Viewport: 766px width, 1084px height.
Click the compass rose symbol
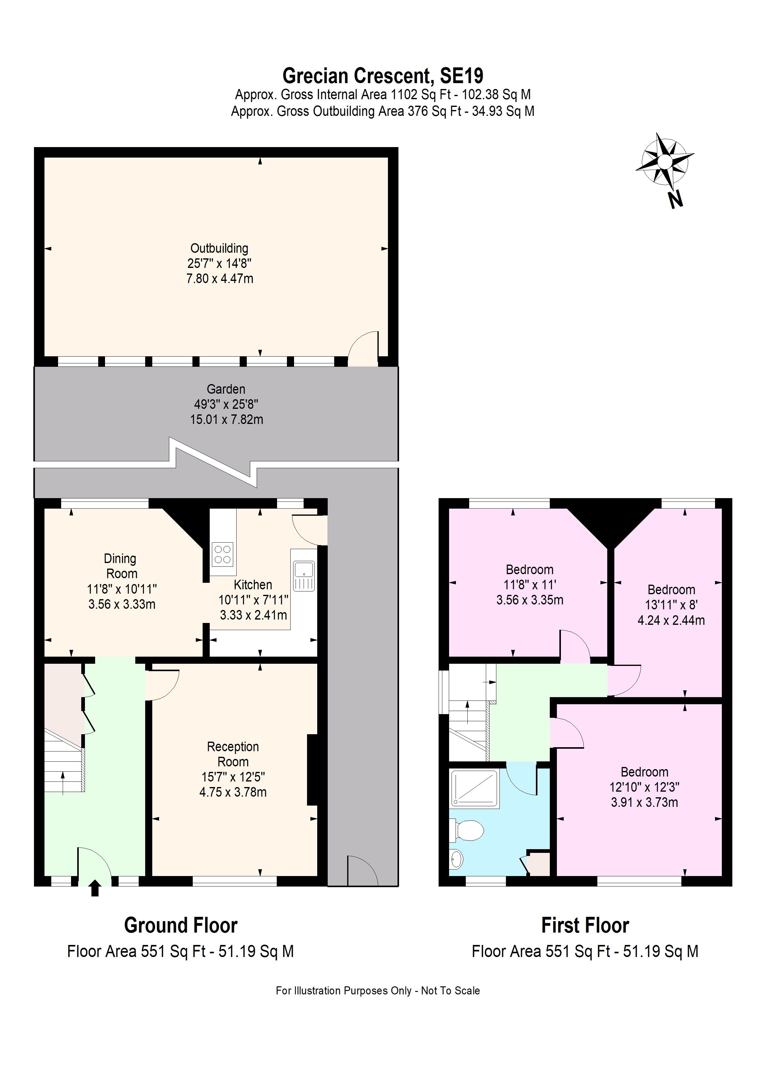664,162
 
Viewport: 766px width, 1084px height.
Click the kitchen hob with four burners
222,555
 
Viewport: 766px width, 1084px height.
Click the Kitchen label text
253,585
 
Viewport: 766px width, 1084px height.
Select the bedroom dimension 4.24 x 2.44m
671,620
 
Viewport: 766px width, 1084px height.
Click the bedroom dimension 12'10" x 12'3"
644,787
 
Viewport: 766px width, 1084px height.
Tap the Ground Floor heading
181,926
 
